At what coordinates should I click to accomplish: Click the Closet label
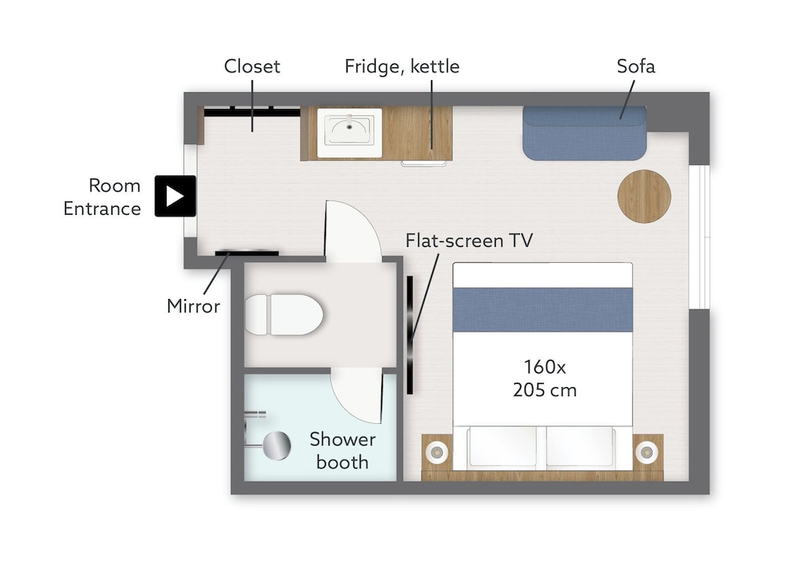(x=252, y=67)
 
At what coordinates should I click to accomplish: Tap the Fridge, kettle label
(x=402, y=67)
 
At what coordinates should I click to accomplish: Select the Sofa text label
(x=635, y=67)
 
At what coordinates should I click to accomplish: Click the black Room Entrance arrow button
(x=175, y=196)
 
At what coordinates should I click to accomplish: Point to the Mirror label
(x=193, y=306)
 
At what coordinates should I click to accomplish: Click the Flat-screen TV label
(x=469, y=240)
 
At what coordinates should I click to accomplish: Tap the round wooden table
(x=644, y=196)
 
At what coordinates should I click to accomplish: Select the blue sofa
(x=585, y=134)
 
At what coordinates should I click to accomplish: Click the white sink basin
(x=349, y=132)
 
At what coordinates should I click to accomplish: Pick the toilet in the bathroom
(x=284, y=314)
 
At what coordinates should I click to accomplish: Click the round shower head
(x=276, y=446)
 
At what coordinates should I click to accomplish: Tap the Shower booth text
(x=342, y=450)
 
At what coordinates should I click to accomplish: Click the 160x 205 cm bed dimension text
(x=545, y=378)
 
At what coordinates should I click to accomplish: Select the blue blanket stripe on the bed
(x=542, y=310)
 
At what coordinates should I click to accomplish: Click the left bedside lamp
(x=437, y=452)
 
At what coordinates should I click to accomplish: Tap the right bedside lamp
(x=646, y=452)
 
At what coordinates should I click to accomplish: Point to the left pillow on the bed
(x=503, y=446)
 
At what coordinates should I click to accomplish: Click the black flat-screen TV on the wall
(x=409, y=335)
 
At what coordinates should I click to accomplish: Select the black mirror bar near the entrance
(x=247, y=252)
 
